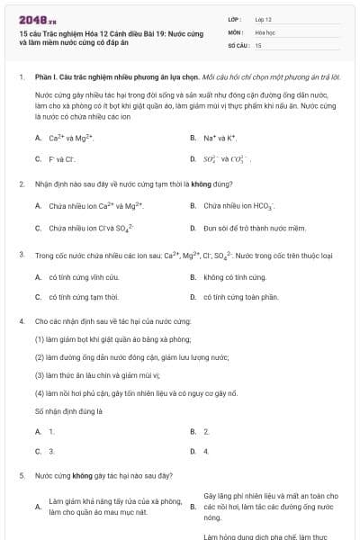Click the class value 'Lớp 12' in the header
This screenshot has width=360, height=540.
pyautogui.click(x=264, y=18)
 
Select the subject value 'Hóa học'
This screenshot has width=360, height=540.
pyautogui.click(x=265, y=31)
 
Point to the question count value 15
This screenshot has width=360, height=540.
pyautogui.click(x=258, y=44)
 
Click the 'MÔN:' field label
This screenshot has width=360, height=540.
pyautogui.click(x=237, y=31)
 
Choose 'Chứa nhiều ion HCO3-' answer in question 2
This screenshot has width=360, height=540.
pyautogui.click(x=238, y=206)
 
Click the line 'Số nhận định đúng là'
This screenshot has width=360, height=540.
pyautogui.click(x=66, y=410)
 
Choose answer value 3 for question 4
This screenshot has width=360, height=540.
pyautogui.click(x=51, y=450)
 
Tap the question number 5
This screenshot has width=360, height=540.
pyautogui.click(x=21, y=474)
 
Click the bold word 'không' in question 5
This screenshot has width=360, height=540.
pyautogui.click(x=83, y=474)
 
